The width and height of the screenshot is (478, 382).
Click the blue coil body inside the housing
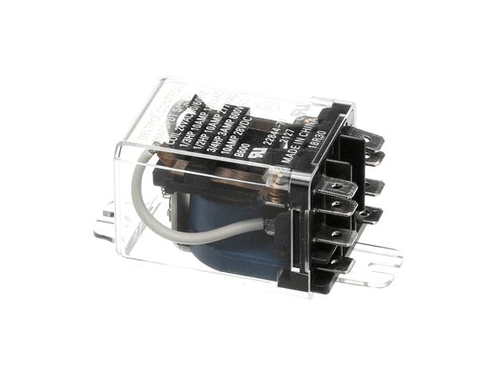(x=231, y=247)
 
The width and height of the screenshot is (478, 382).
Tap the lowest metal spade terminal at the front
(x=339, y=239)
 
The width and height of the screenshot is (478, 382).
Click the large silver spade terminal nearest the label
(x=335, y=191)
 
